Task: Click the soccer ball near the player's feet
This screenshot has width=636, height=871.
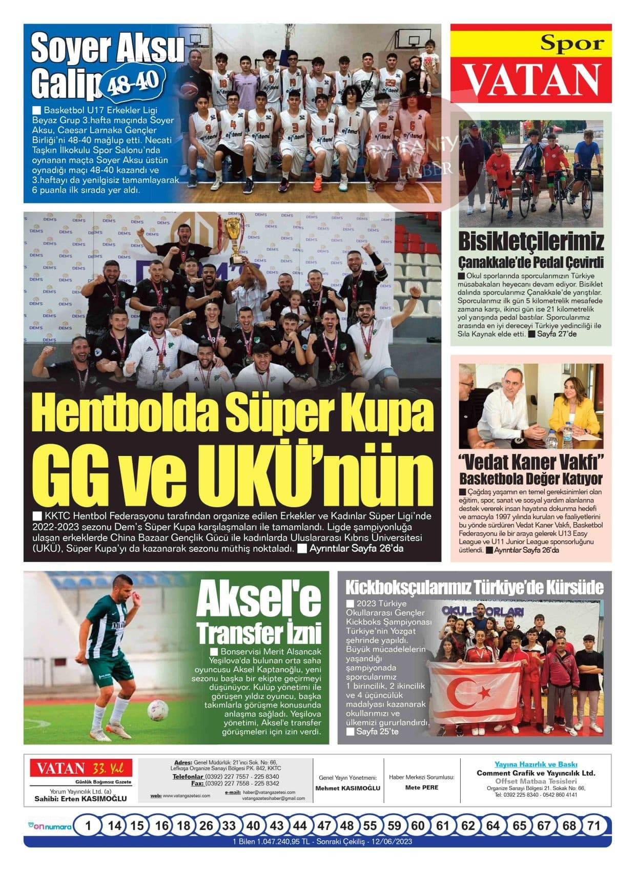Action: coord(157,710)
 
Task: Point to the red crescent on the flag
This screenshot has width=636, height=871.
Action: coord(464,693)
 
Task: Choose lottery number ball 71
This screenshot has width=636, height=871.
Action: coord(593,825)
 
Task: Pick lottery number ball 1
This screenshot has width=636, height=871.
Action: coord(89,825)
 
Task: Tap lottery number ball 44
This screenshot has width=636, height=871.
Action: coord(300,825)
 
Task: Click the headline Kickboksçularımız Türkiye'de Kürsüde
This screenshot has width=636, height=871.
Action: coord(474,587)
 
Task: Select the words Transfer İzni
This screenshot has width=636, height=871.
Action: coord(259,634)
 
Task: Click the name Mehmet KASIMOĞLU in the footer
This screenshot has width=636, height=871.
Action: coord(347,788)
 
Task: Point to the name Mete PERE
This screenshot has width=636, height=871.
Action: coord(421,787)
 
